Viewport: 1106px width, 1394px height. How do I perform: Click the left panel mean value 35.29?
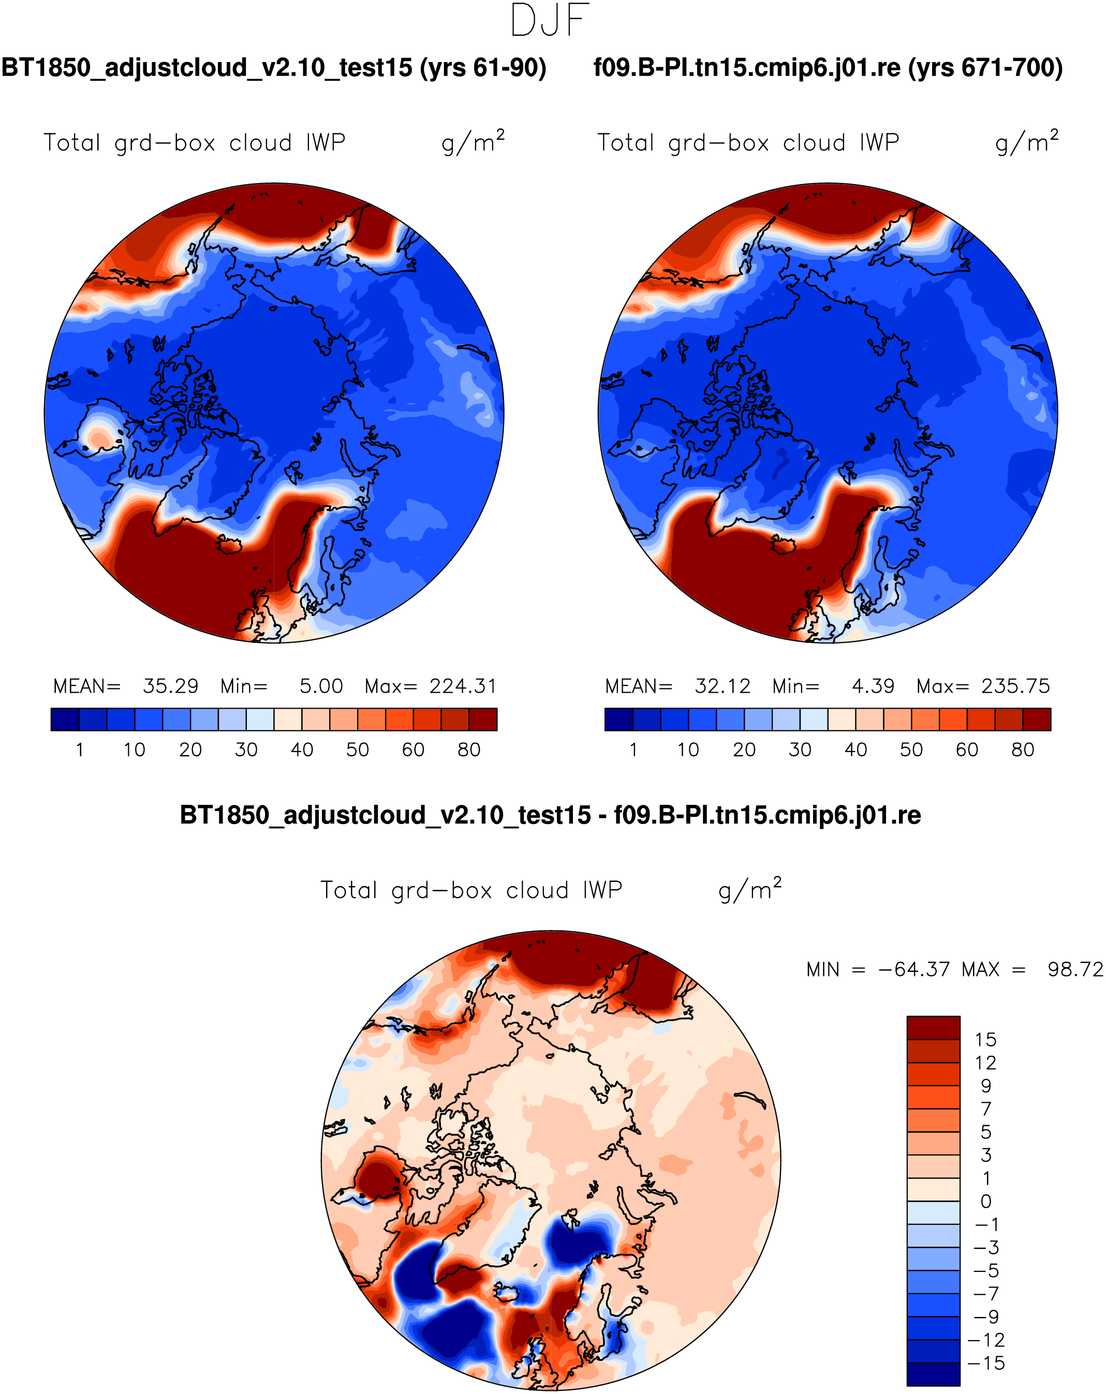pyautogui.click(x=170, y=686)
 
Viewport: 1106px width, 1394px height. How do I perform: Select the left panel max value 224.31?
pyautogui.click(x=463, y=686)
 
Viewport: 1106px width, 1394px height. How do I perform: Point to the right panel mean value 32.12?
pyautogui.click(x=722, y=686)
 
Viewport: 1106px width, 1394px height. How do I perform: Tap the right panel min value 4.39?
pyautogui.click(x=873, y=686)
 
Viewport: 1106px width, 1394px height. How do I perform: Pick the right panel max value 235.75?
pyautogui.click(x=1015, y=686)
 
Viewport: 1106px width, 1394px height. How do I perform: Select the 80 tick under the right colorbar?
pyautogui.click(x=1023, y=750)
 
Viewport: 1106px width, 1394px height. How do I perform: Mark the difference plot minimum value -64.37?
pyautogui.click(x=914, y=969)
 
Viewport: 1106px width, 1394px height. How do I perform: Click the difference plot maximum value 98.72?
pyautogui.click(x=1075, y=969)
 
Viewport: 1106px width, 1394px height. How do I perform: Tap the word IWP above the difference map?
pyautogui.click(x=602, y=890)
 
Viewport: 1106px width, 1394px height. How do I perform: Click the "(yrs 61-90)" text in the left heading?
pyautogui.click(x=483, y=68)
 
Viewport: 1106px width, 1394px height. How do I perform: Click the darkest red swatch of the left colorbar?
pyautogui.click(x=483, y=720)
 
